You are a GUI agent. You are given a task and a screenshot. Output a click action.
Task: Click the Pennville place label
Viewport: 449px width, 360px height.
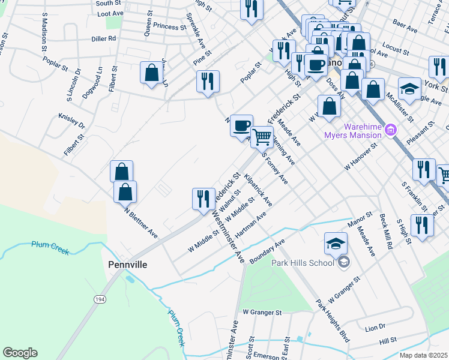point(128,264)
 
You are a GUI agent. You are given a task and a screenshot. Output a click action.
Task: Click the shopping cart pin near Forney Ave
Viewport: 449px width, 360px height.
point(262,137)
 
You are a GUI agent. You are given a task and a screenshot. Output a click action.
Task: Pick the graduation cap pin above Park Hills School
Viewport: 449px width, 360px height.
point(336,243)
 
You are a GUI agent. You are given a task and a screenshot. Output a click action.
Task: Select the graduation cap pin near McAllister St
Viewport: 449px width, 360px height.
point(409,89)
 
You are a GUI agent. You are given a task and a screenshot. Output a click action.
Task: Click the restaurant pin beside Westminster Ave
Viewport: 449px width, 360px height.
point(203,198)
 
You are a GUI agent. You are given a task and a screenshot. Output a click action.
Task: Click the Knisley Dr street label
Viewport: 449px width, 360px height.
point(71,121)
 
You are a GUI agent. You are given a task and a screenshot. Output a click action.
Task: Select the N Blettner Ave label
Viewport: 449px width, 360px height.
point(140,222)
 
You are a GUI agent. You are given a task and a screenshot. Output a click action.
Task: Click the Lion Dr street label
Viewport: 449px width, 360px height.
point(375,328)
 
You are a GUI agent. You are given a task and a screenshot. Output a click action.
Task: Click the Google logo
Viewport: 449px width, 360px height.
point(20,353)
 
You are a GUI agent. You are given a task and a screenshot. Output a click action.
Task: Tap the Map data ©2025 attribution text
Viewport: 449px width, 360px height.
point(422,355)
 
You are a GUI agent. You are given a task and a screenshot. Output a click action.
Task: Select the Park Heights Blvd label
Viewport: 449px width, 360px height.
point(333,323)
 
